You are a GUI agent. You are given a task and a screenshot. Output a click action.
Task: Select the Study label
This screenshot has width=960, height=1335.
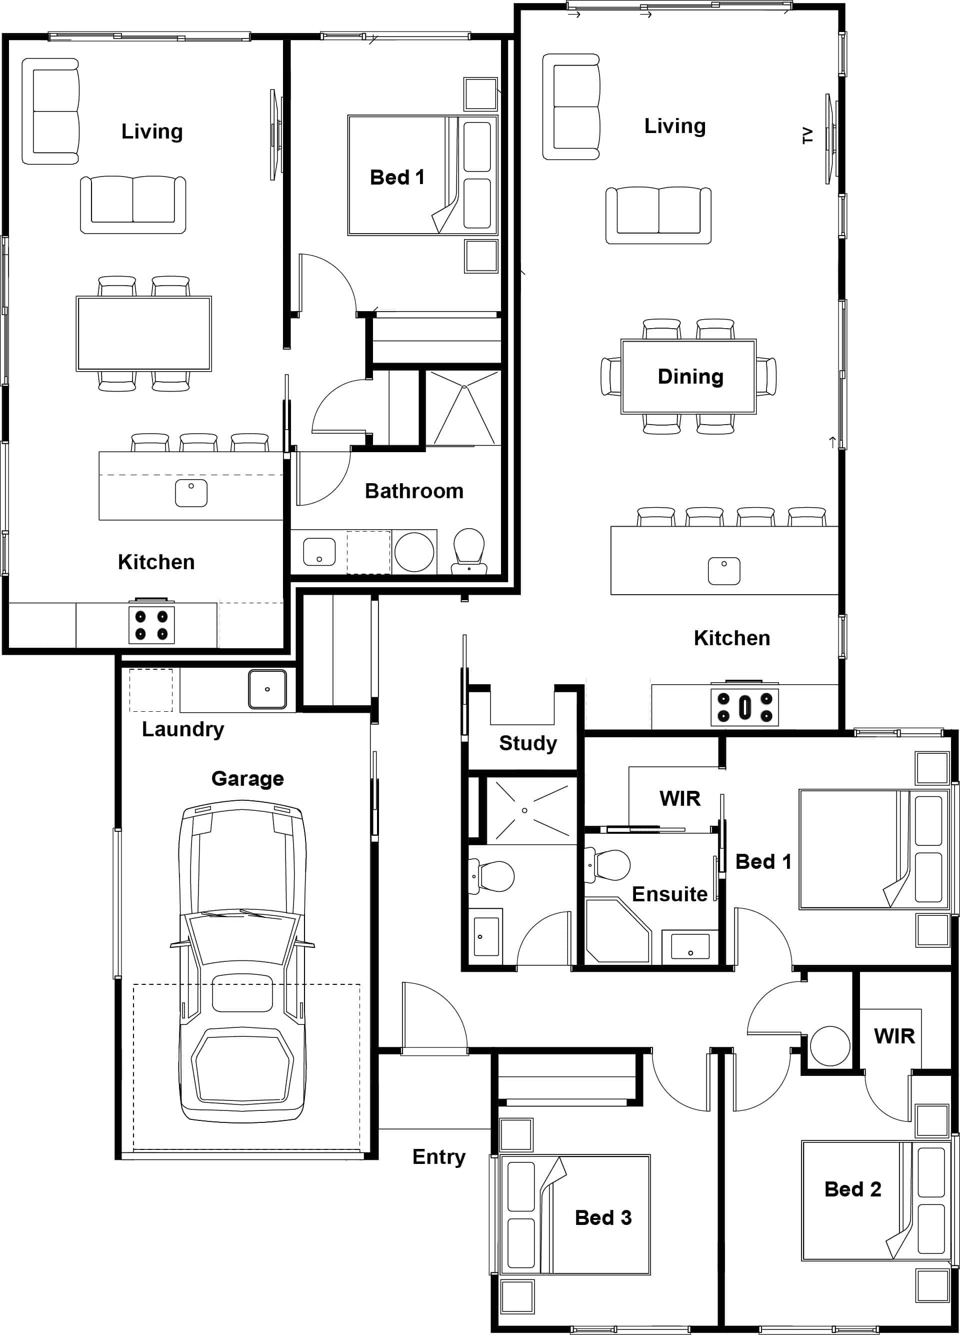[x=527, y=743]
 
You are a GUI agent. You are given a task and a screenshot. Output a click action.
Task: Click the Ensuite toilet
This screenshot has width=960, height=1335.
[x=609, y=865]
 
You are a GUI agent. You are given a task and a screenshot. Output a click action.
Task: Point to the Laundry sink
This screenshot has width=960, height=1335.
[x=267, y=689]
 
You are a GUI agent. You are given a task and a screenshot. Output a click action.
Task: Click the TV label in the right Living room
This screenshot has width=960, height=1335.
[x=807, y=136]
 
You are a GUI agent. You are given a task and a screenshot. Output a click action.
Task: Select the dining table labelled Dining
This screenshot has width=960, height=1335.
[x=688, y=376]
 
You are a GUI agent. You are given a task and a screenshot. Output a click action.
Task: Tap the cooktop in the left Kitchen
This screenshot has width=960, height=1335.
[x=151, y=625]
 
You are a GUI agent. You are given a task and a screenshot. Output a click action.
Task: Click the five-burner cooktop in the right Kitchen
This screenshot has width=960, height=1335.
[x=744, y=707]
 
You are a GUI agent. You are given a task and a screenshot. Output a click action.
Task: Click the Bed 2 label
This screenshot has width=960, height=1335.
[x=852, y=1189]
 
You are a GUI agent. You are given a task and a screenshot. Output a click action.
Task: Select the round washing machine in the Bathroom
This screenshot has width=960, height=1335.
[x=414, y=552]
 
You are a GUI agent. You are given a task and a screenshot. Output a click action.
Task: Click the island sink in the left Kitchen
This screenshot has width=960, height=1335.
[x=190, y=493]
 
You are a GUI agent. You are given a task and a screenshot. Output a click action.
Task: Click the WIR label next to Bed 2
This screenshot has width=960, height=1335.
[x=894, y=1036]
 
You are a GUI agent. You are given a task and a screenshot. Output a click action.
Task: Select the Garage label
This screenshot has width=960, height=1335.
[x=247, y=778]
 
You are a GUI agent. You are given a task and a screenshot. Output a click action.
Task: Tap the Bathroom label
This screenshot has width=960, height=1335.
[x=413, y=491]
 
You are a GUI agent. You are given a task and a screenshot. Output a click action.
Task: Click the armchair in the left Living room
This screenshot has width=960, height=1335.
[x=50, y=111]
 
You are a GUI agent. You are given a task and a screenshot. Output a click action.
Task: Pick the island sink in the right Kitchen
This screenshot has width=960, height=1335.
[x=723, y=571]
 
